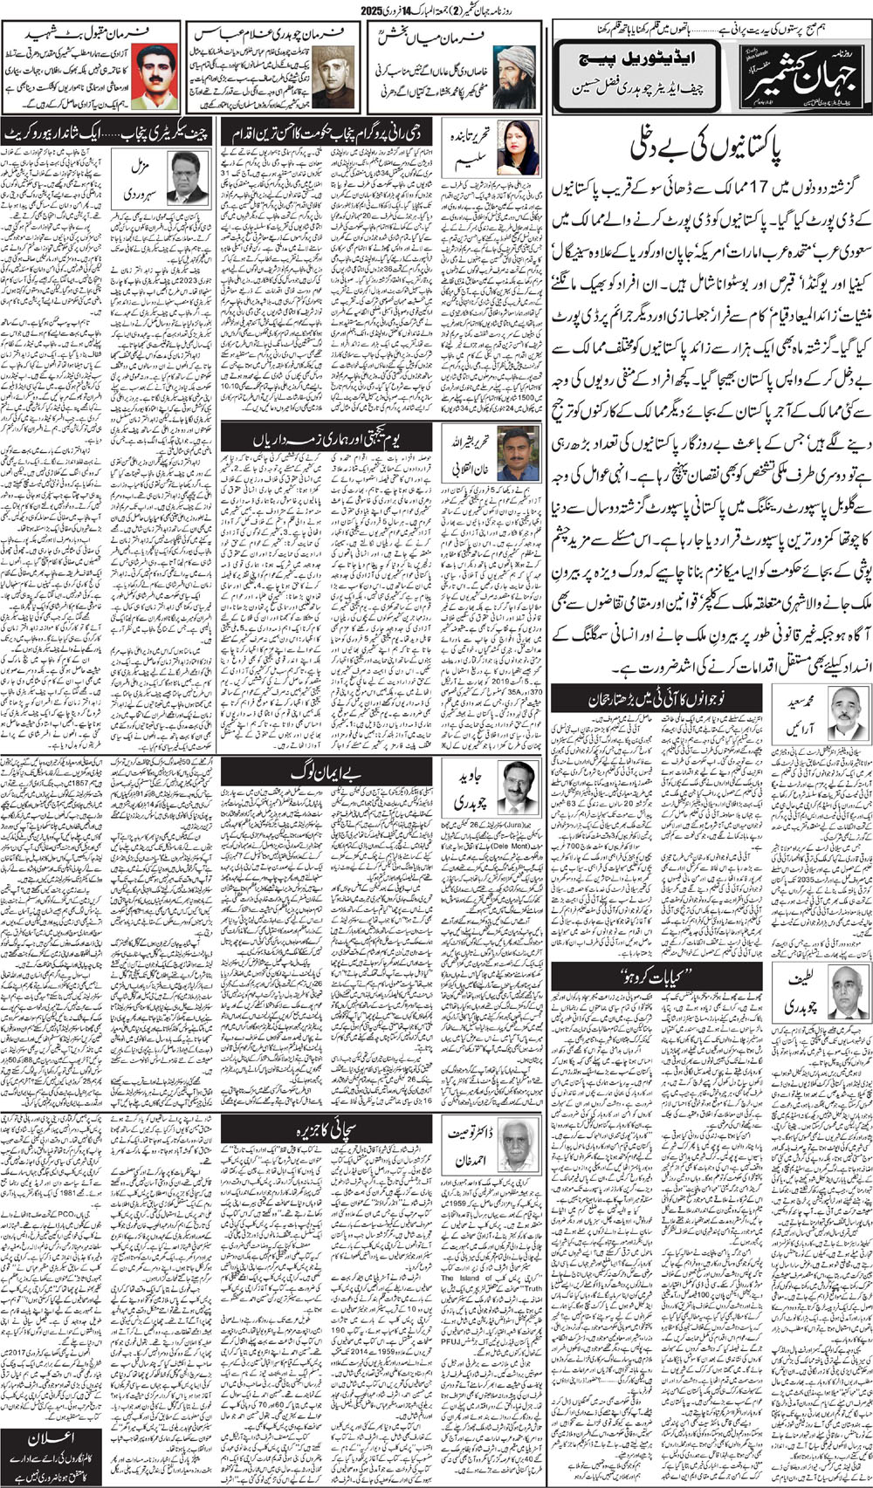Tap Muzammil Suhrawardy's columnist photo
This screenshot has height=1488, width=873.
(186, 177)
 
